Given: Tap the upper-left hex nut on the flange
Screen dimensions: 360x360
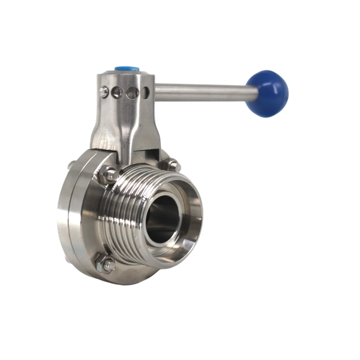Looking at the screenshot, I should point(111,175).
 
